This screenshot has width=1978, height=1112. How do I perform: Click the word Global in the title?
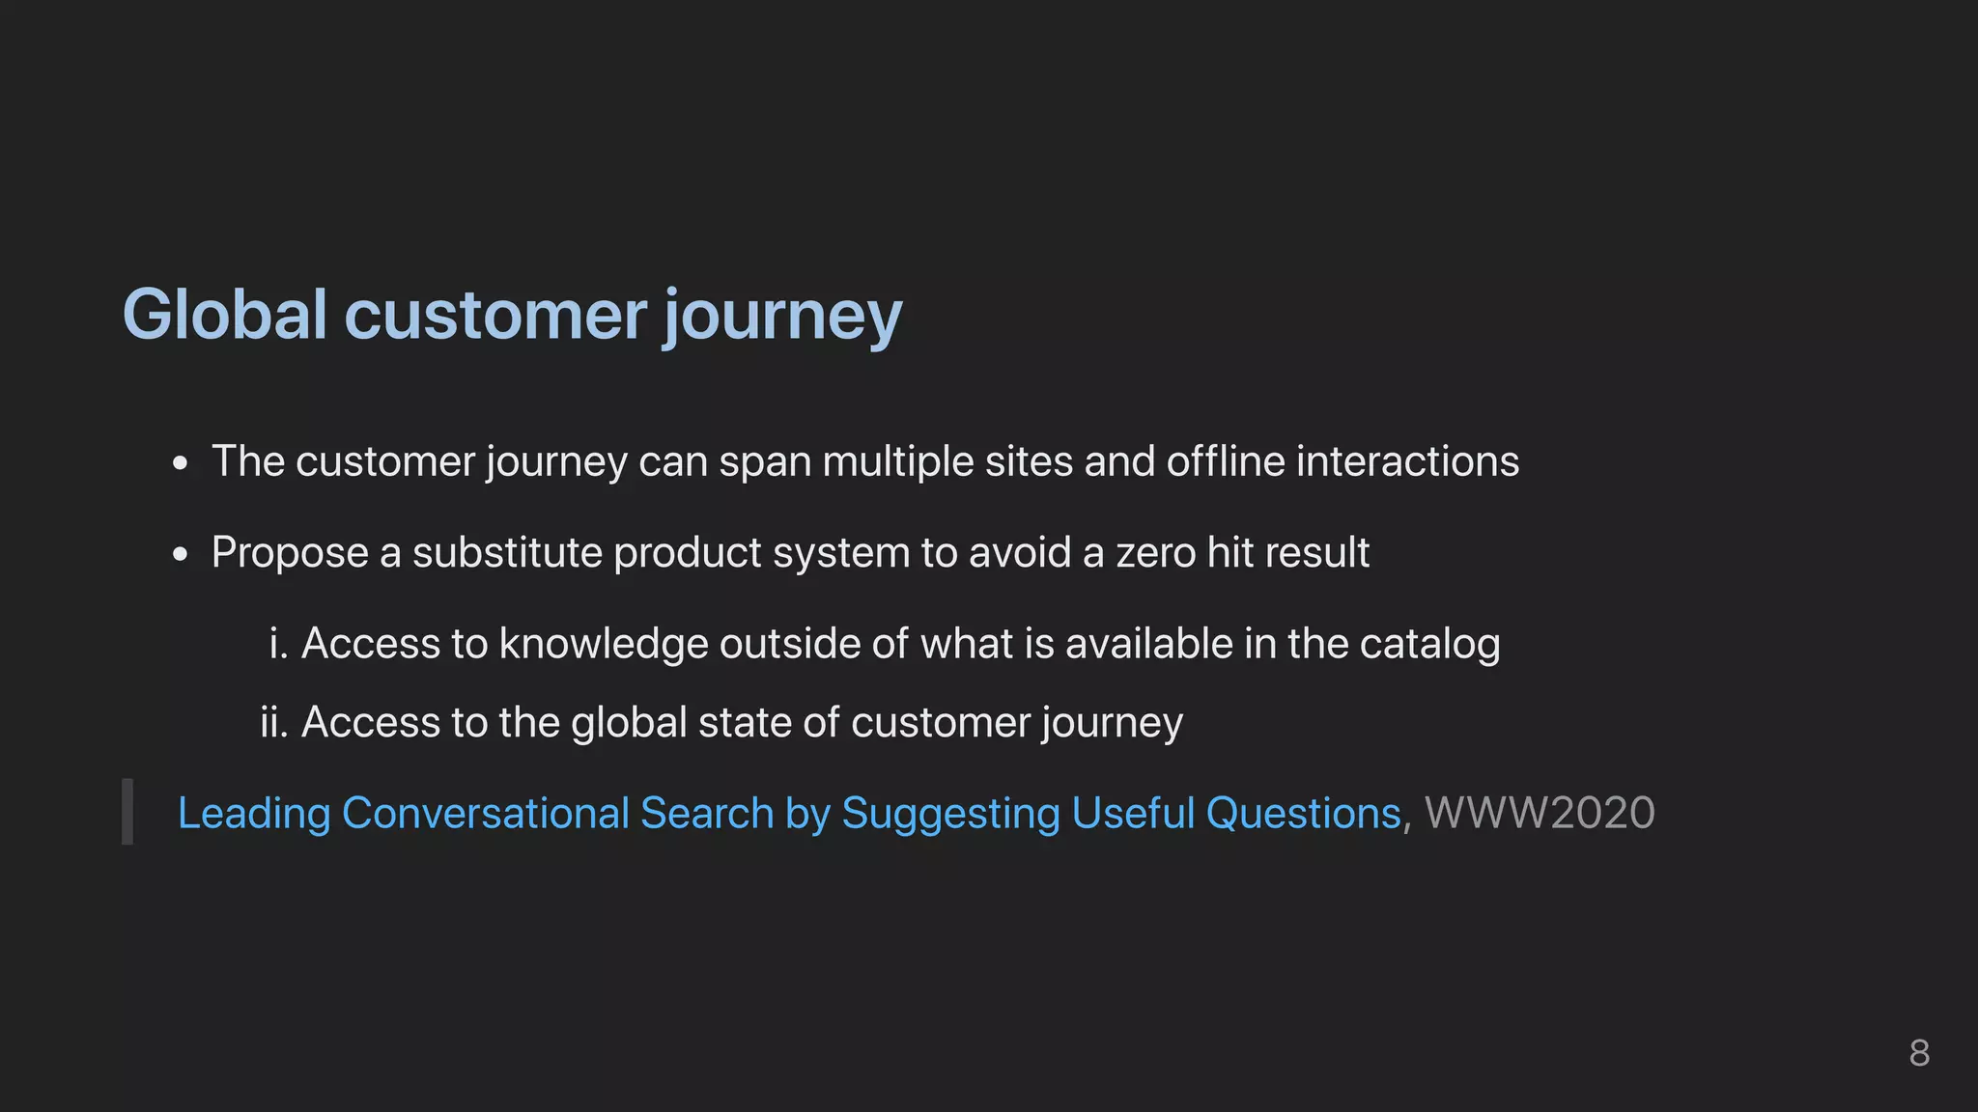tap(225, 315)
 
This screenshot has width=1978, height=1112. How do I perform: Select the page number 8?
tap(1919, 1053)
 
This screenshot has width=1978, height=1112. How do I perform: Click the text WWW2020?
tap(1540, 813)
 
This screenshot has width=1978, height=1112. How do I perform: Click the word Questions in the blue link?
tap(1303, 813)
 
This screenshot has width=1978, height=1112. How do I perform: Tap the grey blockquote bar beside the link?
tap(127, 812)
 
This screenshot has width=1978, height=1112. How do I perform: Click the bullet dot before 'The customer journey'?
tap(181, 464)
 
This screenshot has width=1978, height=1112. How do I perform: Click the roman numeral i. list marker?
tap(278, 644)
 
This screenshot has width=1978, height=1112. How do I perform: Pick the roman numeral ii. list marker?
tap(274, 722)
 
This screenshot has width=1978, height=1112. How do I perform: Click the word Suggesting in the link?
tap(950, 814)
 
